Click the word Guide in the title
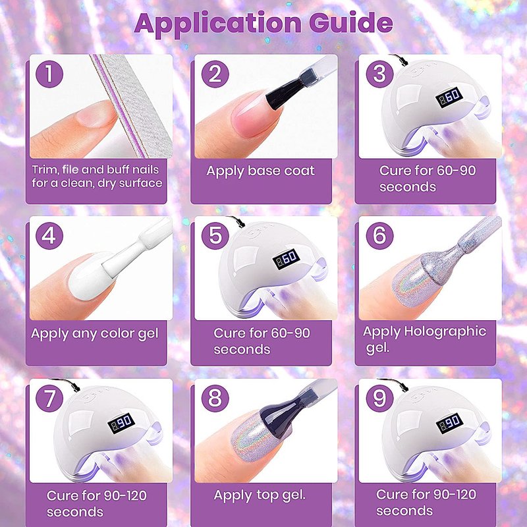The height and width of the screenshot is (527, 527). (351, 23)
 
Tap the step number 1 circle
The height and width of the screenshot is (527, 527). (49, 74)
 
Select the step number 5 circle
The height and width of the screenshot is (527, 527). (215, 236)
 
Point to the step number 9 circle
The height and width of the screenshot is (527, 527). (379, 399)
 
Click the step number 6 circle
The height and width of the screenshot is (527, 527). (379, 236)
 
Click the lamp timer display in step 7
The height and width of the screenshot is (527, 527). (121, 423)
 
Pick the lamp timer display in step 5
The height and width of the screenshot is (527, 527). (286, 259)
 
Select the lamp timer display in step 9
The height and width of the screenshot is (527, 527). (449, 423)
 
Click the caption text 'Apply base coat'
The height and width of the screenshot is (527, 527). (260, 171)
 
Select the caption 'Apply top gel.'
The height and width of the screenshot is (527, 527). (260, 496)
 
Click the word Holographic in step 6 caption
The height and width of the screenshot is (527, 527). (445, 332)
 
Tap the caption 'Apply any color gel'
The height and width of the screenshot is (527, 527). (95, 334)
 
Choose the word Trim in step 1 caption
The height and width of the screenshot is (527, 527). (45, 169)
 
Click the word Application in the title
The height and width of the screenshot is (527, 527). (218, 24)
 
